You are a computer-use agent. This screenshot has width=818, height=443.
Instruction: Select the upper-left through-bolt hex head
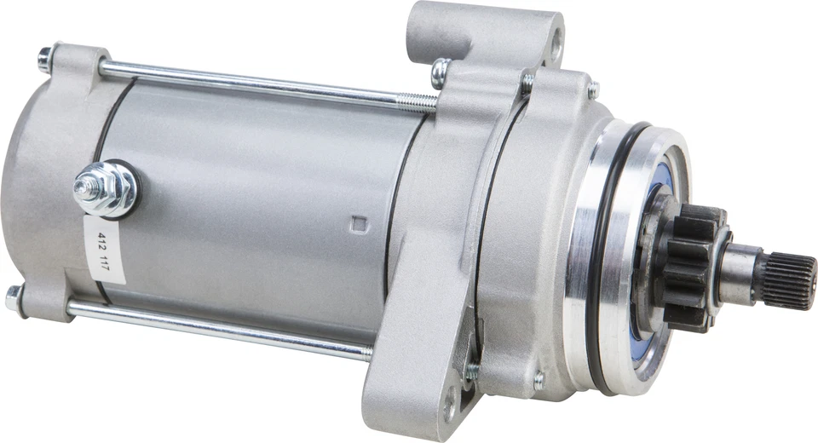click(x=44, y=59)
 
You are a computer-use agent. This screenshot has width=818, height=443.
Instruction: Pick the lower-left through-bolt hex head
click(x=14, y=297)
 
